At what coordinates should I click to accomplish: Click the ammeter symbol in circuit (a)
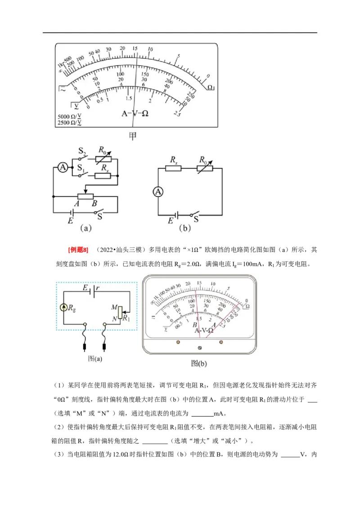click(63, 168)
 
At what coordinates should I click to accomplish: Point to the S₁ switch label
click(81, 168)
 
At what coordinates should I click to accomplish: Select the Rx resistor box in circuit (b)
click(173, 169)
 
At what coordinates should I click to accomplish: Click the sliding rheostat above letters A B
click(85, 196)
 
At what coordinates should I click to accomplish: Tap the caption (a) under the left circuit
click(85, 228)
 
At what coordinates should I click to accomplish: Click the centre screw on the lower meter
click(200, 348)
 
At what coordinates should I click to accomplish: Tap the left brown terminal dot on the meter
click(178, 342)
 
